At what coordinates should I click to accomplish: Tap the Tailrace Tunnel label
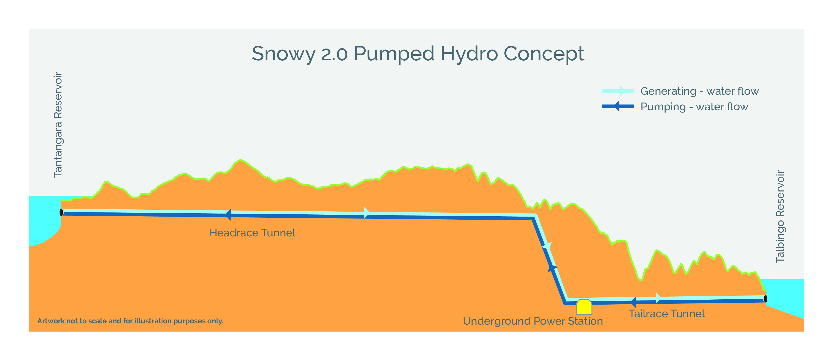[666, 314]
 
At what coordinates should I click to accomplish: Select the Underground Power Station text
[533, 321]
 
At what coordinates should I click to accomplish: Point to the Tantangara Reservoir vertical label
[58, 125]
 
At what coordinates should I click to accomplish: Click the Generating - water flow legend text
[699, 91]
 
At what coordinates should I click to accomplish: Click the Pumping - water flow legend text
[694, 107]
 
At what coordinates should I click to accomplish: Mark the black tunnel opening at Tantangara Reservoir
[61, 212]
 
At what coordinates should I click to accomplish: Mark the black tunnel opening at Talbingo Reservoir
[765, 299]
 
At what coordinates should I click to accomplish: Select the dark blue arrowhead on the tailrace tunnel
[634, 302]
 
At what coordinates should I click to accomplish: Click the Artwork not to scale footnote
[130, 321]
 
